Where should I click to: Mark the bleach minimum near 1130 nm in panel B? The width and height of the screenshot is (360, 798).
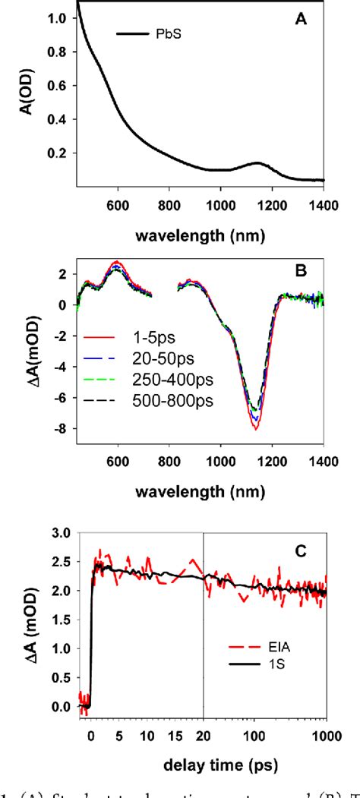pyautogui.click(x=256, y=429)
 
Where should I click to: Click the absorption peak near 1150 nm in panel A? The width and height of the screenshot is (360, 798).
pyautogui.click(x=257, y=163)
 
